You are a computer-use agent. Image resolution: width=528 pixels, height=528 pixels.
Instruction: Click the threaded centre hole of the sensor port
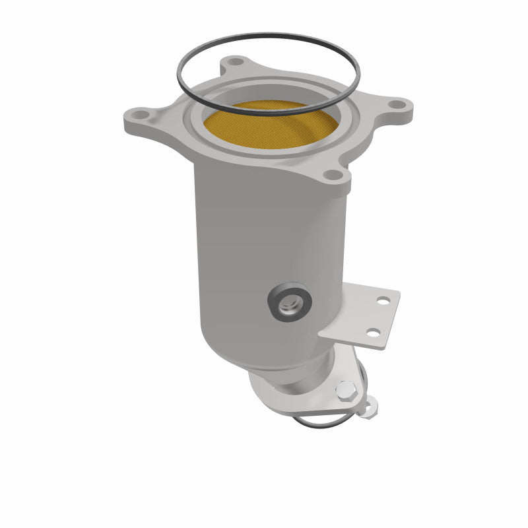(x=288, y=302)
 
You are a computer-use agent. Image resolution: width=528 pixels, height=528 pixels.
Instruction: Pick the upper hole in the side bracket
(x=381, y=301)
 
